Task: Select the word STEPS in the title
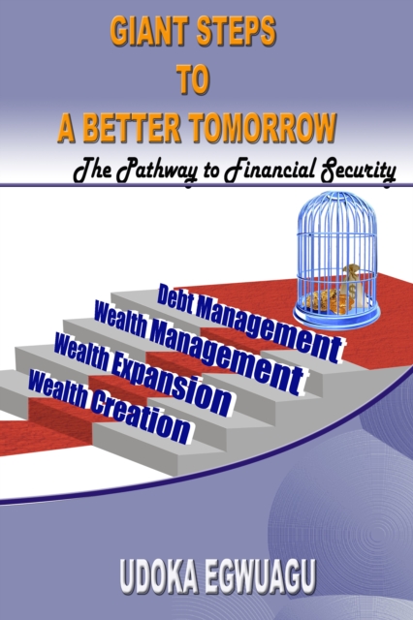tap(238, 34)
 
